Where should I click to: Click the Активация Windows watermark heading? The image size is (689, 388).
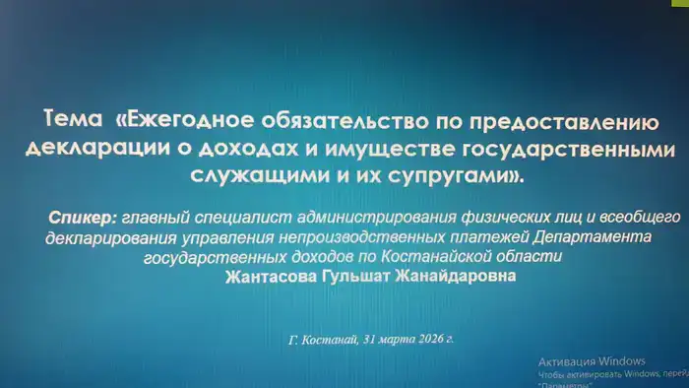click(x=591, y=358)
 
